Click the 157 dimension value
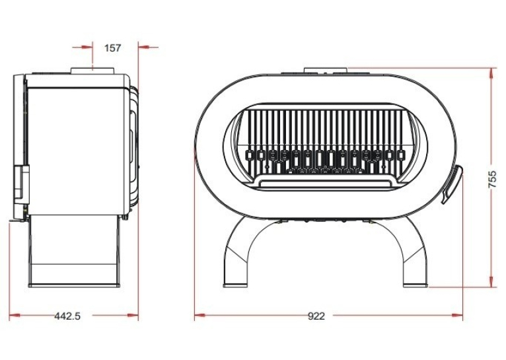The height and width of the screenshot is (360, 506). point(112,48)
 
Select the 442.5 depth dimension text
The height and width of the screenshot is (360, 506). point(67,316)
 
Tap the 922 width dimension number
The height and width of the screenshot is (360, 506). point(316,316)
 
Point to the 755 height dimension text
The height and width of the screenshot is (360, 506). point(492,180)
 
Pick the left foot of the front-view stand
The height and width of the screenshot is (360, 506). point(235,285)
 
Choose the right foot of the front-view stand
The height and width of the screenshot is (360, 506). point(416,285)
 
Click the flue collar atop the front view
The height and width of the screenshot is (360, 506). point(326,71)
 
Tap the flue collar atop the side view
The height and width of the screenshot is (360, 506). point(92,71)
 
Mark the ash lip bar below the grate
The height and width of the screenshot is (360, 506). point(325,184)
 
